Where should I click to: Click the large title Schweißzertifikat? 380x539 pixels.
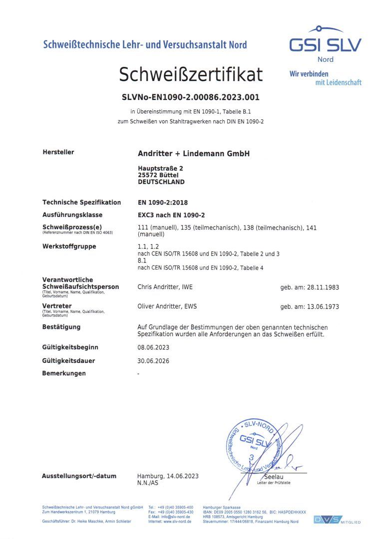pyautogui.click(x=190, y=74)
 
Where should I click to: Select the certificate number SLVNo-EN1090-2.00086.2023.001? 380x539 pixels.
pyautogui.click(x=191, y=97)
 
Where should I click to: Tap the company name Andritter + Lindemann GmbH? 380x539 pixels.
pyautogui.click(x=193, y=153)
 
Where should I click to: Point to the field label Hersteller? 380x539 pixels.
pyautogui.click(x=58, y=152)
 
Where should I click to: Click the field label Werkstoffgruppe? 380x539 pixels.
pyautogui.click(x=69, y=247)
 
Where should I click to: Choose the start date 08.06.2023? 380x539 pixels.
pyautogui.click(x=154, y=347)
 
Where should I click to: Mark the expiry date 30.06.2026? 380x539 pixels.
pyautogui.click(x=154, y=360)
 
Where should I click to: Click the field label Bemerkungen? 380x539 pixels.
pyautogui.click(x=64, y=373)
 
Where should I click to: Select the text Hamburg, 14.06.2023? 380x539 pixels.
pyautogui.click(x=168, y=476)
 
